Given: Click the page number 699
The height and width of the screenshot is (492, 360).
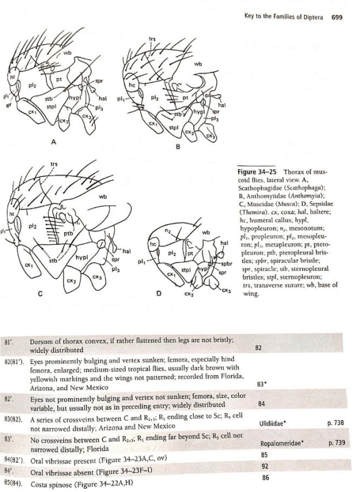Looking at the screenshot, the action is click(336, 17).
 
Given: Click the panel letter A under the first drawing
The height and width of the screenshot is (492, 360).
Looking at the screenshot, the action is click(53, 142).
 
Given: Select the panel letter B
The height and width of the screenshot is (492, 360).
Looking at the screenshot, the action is click(177, 146).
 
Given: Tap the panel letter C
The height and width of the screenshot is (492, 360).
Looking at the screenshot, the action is click(40, 293).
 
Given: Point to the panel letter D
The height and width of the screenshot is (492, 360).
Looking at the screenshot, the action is click(159, 293).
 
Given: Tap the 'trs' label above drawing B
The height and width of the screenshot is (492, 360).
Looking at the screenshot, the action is click(152, 39).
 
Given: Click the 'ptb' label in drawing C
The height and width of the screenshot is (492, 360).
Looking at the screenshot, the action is click(68, 234).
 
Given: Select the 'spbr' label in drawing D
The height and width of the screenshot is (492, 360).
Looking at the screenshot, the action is click(226, 263).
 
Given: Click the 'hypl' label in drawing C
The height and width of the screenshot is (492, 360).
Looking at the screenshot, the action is click(81, 258).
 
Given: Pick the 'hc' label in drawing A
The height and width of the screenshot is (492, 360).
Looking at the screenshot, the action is click(12, 76).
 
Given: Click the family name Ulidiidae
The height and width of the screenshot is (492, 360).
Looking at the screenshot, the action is click(272, 423).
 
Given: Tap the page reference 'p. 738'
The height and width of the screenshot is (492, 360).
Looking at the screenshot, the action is click(336, 423).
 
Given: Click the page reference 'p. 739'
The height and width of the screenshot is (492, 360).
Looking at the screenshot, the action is click(337, 443).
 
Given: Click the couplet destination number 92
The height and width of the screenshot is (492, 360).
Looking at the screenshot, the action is click(265, 466).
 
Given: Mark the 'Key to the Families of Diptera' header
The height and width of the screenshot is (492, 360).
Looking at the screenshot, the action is click(283, 17).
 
